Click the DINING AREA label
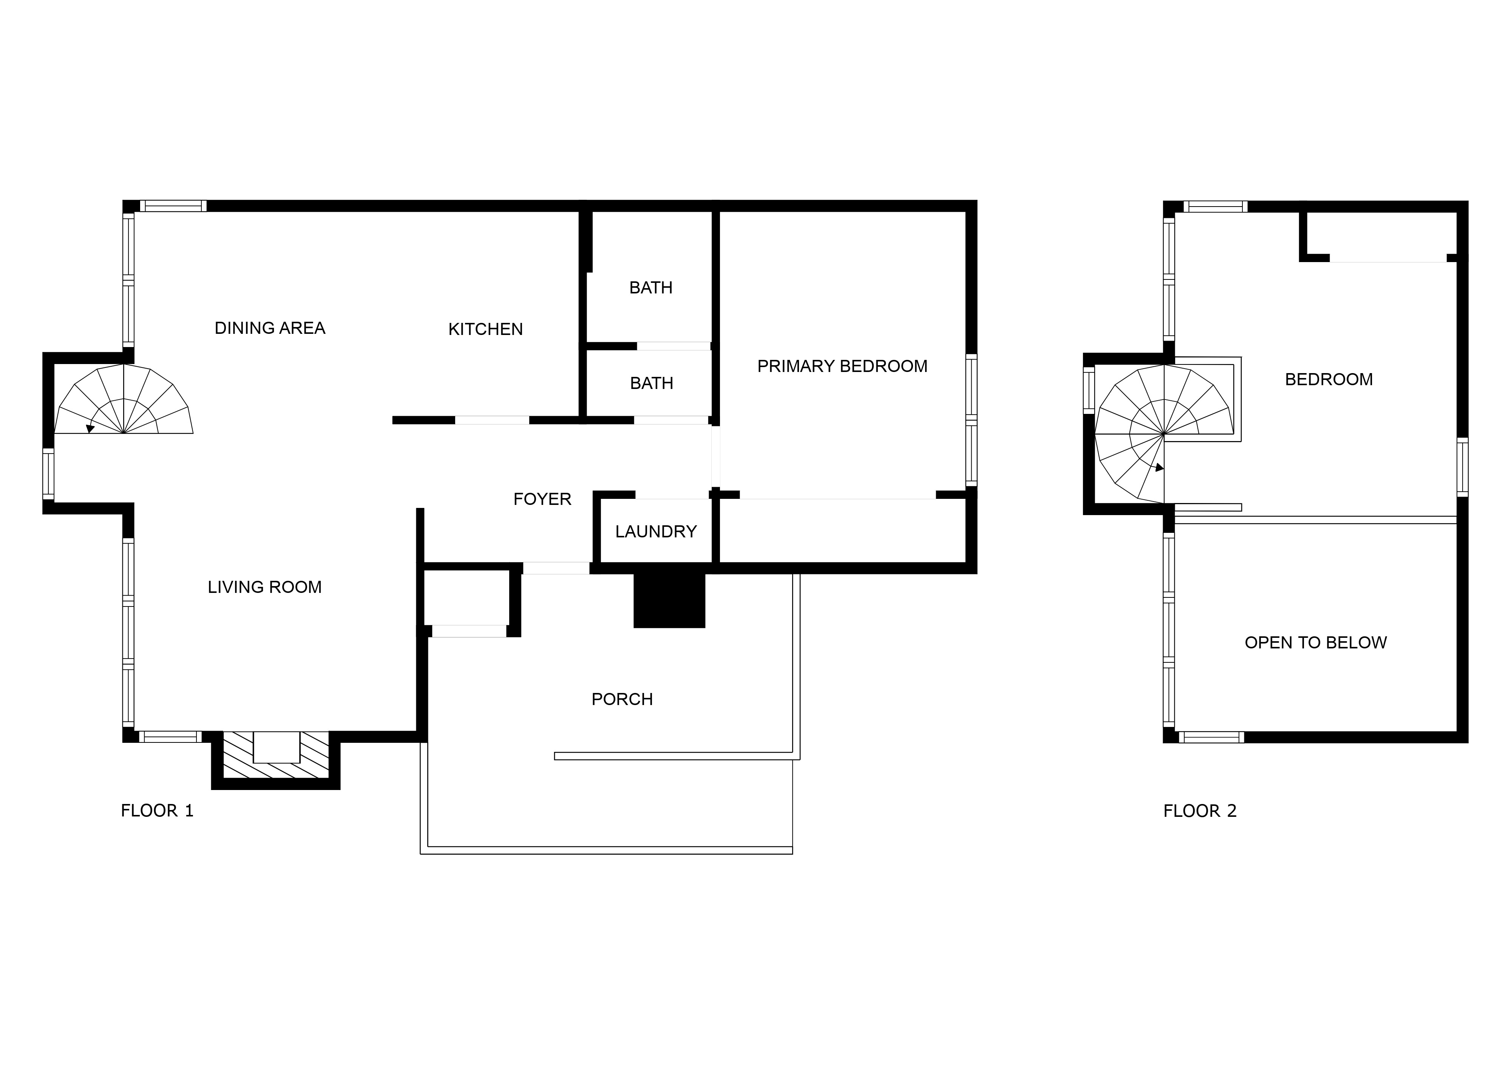coord(270,328)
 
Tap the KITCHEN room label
coord(485,329)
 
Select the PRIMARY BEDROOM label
coord(842,366)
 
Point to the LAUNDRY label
coord(656,532)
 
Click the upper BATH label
coord(651,288)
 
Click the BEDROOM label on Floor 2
coord(1329,380)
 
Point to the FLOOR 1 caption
coord(157,811)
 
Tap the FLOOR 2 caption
coord(1199,811)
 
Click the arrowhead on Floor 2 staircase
coord(1159,468)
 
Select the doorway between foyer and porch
coord(556,568)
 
